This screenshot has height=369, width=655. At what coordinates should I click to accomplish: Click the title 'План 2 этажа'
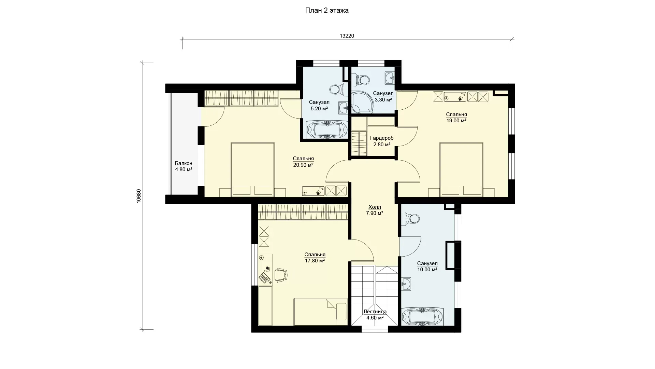pos(327,11)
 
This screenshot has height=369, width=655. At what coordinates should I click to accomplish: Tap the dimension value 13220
pos(347,36)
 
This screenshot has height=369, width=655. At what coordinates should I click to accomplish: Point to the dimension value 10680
pos(139,196)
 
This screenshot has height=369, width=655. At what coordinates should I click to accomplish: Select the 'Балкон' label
pos(184,163)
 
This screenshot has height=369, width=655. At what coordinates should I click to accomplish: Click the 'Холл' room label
pos(375,207)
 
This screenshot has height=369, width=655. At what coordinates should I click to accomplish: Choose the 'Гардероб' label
pos(382,138)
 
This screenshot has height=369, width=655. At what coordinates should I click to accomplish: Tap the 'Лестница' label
pos(375,312)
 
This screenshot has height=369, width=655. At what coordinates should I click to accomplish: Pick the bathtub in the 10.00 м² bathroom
pos(423,317)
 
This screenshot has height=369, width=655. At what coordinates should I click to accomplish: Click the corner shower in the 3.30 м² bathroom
pos(362,102)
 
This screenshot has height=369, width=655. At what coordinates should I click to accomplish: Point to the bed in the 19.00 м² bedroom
pos(461,170)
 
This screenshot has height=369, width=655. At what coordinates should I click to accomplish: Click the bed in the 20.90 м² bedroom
pos(253,170)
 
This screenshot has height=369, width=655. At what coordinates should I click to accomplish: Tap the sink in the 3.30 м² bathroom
pos(390,78)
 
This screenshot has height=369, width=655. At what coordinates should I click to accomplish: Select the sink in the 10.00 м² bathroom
pos(406,284)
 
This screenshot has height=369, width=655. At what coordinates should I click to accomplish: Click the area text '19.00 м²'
pos(456,121)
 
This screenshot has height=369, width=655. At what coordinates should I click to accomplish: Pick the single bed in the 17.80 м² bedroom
pos(321,312)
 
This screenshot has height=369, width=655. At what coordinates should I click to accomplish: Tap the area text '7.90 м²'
pos(375,213)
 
